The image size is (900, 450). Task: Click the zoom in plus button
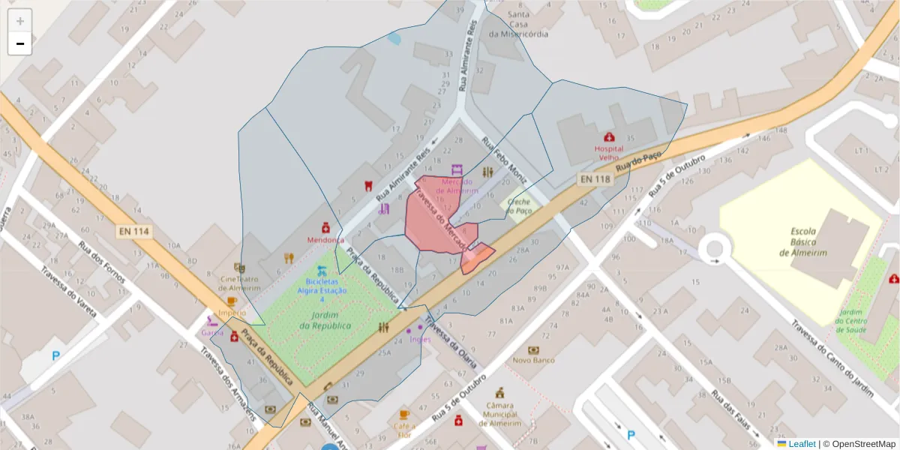20,21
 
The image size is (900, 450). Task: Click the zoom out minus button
20,43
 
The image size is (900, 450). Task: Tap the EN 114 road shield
133,232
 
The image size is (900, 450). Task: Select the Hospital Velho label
608,153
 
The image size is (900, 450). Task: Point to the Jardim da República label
325,320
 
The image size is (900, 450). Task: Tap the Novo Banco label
533,360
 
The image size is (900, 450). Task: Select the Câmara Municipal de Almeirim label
499,414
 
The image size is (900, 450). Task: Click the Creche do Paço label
518,206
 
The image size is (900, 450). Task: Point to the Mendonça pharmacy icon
325,226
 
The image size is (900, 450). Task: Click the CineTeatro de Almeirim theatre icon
240,267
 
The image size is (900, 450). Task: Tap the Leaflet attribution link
801,444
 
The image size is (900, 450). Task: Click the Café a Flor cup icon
404,415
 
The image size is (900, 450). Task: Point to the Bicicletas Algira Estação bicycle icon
322,270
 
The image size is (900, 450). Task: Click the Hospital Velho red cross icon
609,137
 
